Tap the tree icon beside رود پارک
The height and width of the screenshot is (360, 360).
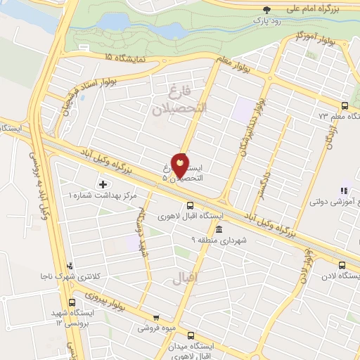pos(266,10)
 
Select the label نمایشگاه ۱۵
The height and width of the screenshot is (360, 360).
pos(126,57)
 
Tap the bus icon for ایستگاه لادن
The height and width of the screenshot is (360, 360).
pos(342,265)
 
